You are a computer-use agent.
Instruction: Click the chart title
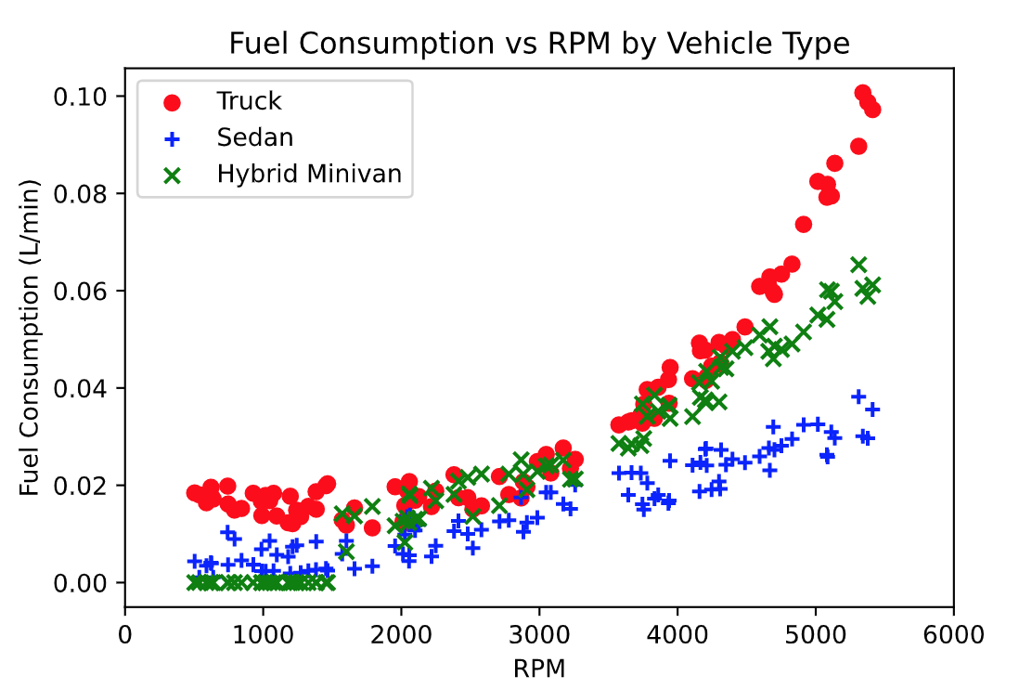point(539,44)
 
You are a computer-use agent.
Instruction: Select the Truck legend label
point(249,100)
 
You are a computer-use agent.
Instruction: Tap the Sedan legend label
point(255,137)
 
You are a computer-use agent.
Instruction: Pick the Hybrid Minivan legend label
point(309,174)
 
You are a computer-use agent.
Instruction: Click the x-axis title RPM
point(539,667)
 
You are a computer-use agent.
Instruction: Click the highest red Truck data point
point(863,94)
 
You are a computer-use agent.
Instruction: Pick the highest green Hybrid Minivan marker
point(858,265)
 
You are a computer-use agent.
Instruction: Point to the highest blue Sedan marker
point(858,396)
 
